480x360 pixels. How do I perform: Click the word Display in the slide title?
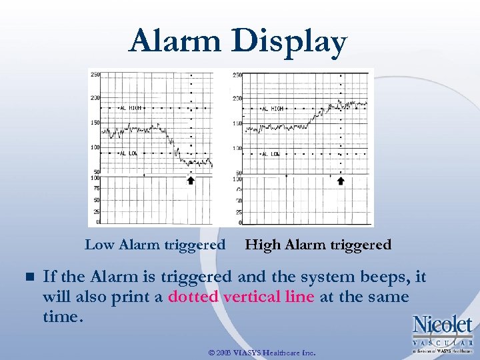pyautogui.click(x=290, y=43)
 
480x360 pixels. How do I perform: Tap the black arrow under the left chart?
pyautogui.click(x=191, y=180)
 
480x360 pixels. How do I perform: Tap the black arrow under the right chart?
pyautogui.click(x=341, y=180)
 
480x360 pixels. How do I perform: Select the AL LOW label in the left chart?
pyautogui.click(x=128, y=153)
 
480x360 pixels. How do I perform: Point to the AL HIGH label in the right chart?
pyautogui.click(x=272, y=108)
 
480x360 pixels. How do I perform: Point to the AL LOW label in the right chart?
pyautogui.click(x=270, y=154)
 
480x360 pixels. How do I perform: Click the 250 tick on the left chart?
pyautogui.click(x=95, y=75)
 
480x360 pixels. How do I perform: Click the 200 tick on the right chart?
pyautogui.click(x=237, y=99)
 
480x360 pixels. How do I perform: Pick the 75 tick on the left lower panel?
pyautogui.click(x=96, y=189)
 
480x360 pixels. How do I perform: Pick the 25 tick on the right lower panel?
pyautogui.click(x=237, y=212)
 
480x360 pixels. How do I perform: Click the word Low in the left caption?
pyautogui.click(x=100, y=245)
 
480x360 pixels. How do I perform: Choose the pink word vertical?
pyautogui.click(x=253, y=297)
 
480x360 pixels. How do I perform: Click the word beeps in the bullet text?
pyautogui.click(x=383, y=277)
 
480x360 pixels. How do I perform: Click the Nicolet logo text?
pyautogui.click(x=442, y=325)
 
